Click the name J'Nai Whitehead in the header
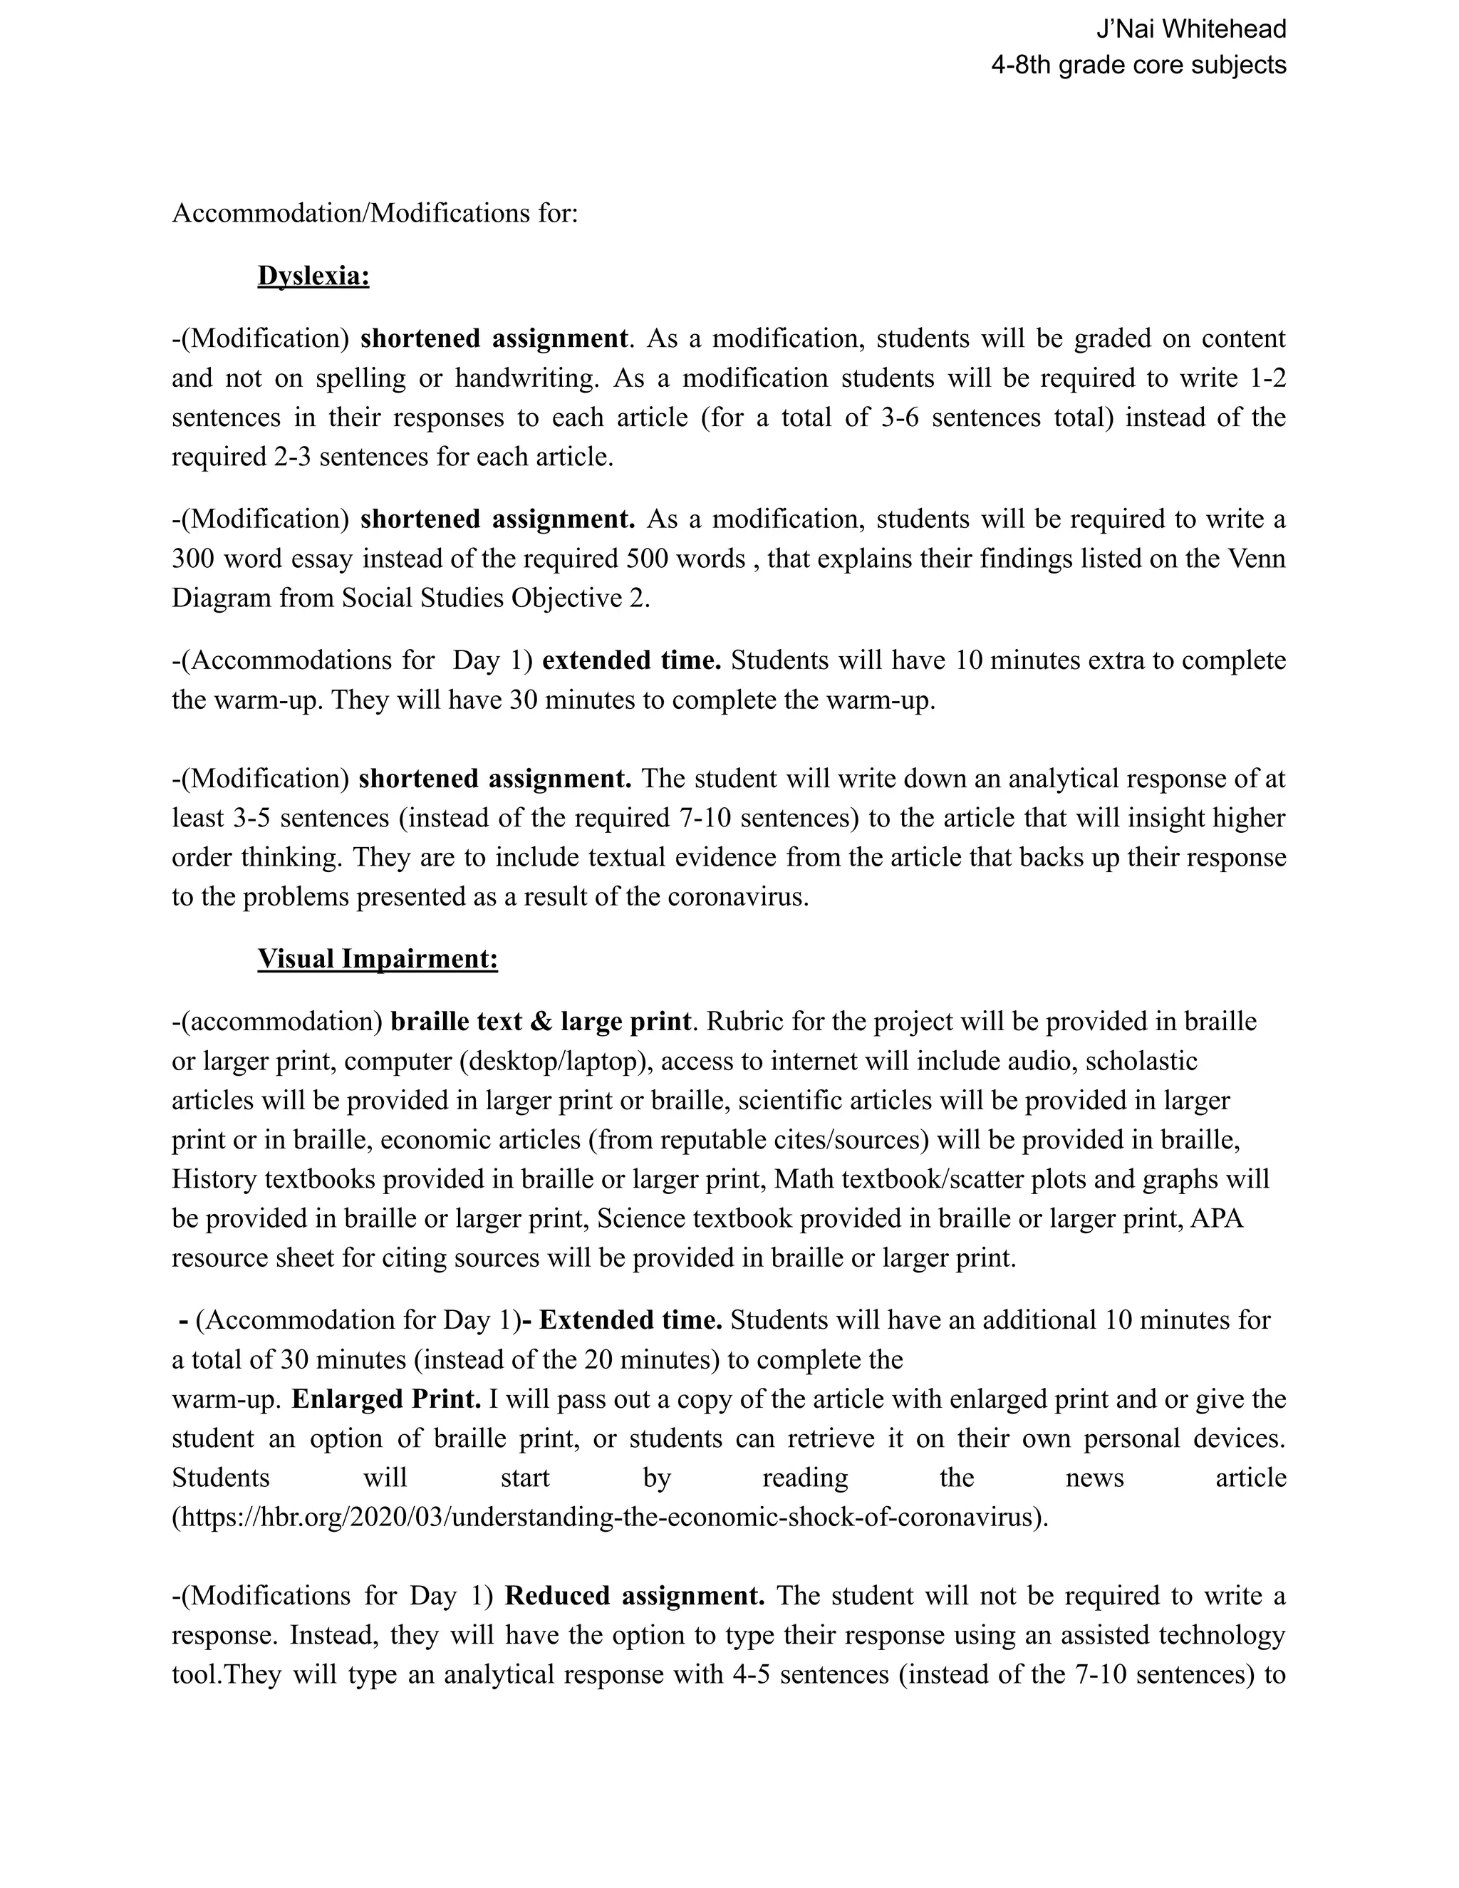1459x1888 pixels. coord(1190,29)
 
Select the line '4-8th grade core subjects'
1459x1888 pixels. coord(1138,65)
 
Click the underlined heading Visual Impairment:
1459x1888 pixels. coord(377,959)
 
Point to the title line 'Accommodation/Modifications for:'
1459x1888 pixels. coord(374,212)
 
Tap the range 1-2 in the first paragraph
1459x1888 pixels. coord(1267,378)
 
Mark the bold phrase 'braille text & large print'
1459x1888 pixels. coord(540,1022)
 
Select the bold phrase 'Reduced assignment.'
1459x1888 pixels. coord(635,1595)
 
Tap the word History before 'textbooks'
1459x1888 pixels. coord(214,1179)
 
